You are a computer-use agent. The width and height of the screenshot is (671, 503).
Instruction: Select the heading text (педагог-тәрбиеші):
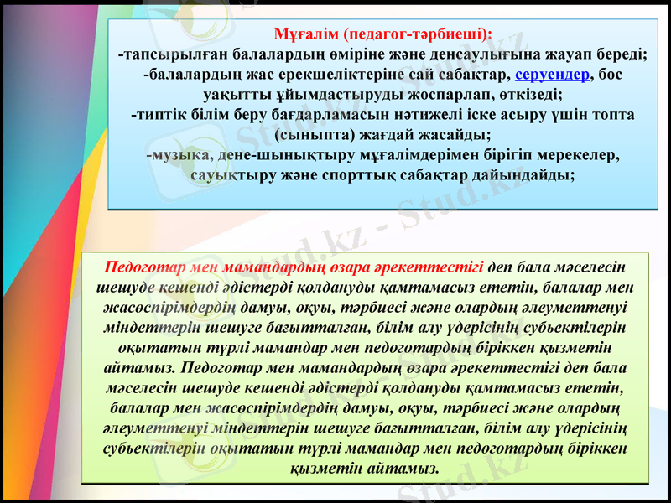pos(417,34)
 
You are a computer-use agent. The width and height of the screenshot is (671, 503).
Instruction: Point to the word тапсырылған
pos(175,54)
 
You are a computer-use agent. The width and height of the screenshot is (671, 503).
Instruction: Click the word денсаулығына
pos(516,54)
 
